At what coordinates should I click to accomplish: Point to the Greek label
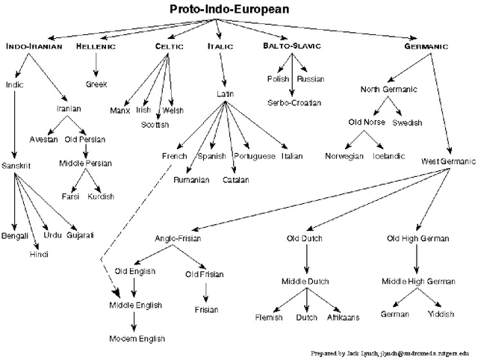point(96,84)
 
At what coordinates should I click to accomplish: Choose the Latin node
point(225,95)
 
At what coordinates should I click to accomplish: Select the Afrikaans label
point(344,317)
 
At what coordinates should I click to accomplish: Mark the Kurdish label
point(101,196)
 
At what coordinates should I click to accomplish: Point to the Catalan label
point(235,180)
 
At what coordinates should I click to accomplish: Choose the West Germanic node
point(448,161)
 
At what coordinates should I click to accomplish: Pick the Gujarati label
point(80,235)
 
